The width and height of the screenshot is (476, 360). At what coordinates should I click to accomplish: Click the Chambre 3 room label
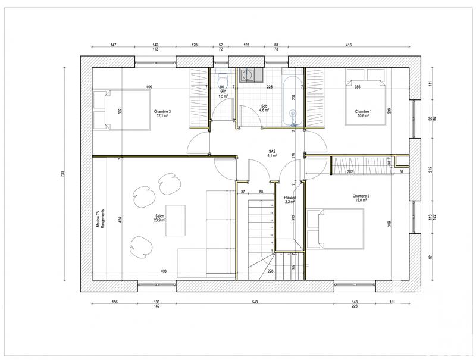162,114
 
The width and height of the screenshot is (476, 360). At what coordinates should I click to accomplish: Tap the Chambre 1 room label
363,114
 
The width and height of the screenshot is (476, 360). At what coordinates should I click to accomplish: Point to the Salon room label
160,218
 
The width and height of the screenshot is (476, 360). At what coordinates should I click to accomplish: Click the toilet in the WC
223,82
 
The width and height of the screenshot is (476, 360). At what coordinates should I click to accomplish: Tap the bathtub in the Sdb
292,102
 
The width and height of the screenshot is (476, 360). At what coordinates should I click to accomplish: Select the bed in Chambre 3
119,109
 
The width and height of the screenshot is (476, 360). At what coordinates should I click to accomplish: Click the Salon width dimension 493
163,271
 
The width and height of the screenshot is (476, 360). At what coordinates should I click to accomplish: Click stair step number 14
271,205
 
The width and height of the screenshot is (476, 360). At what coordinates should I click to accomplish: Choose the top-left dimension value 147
114,45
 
